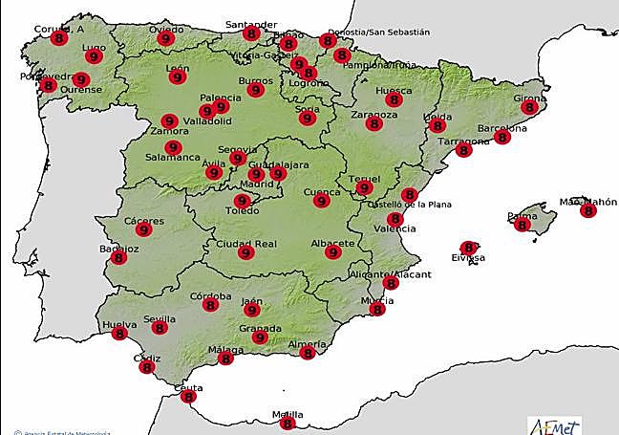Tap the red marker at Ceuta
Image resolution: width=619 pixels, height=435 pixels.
tap(188, 396)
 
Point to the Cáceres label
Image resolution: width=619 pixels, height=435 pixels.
tap(144, 221)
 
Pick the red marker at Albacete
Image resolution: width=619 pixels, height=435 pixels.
tap(332, 252)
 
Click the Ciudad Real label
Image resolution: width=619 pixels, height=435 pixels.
tap(245, 244)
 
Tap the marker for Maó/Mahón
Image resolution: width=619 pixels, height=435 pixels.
tap(587, 210)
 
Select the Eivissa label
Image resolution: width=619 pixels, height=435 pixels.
tap(468, 258)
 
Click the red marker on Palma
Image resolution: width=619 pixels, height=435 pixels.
tap(522, 225)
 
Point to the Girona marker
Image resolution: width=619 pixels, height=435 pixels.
tap(529, 108)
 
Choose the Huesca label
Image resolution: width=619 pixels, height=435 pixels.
tap(394, 91)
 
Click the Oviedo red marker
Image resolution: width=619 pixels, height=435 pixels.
tap(165, 39)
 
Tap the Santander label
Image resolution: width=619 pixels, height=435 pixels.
tap(250, 23)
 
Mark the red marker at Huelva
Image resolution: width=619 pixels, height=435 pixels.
tap(119, 334)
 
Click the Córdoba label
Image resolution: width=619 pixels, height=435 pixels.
tap(210, 296)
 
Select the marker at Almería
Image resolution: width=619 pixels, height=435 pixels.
tap(307, 353)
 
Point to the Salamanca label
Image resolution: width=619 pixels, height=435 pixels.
tap(172, 157)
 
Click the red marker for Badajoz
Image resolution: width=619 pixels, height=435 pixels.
tap(119, 257)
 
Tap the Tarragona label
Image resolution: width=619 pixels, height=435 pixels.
tap(463, 141)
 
